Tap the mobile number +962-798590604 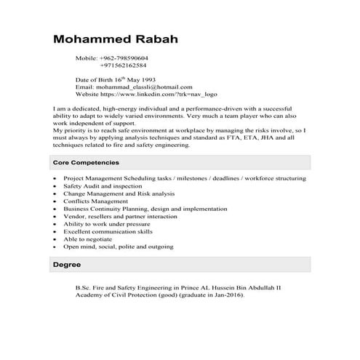click(x=124, y=57)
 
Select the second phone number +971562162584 click(x=124, y=65)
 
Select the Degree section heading click(x=67, y=265)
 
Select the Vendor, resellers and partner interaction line click(x=120, y=217)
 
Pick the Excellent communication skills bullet click(x=108, y=232)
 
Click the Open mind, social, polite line click(x=118, y=247)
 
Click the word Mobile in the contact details click(x=86, y=57)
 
